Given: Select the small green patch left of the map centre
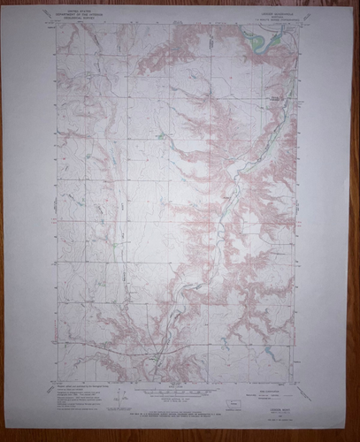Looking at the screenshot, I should (x=159, y=137).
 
